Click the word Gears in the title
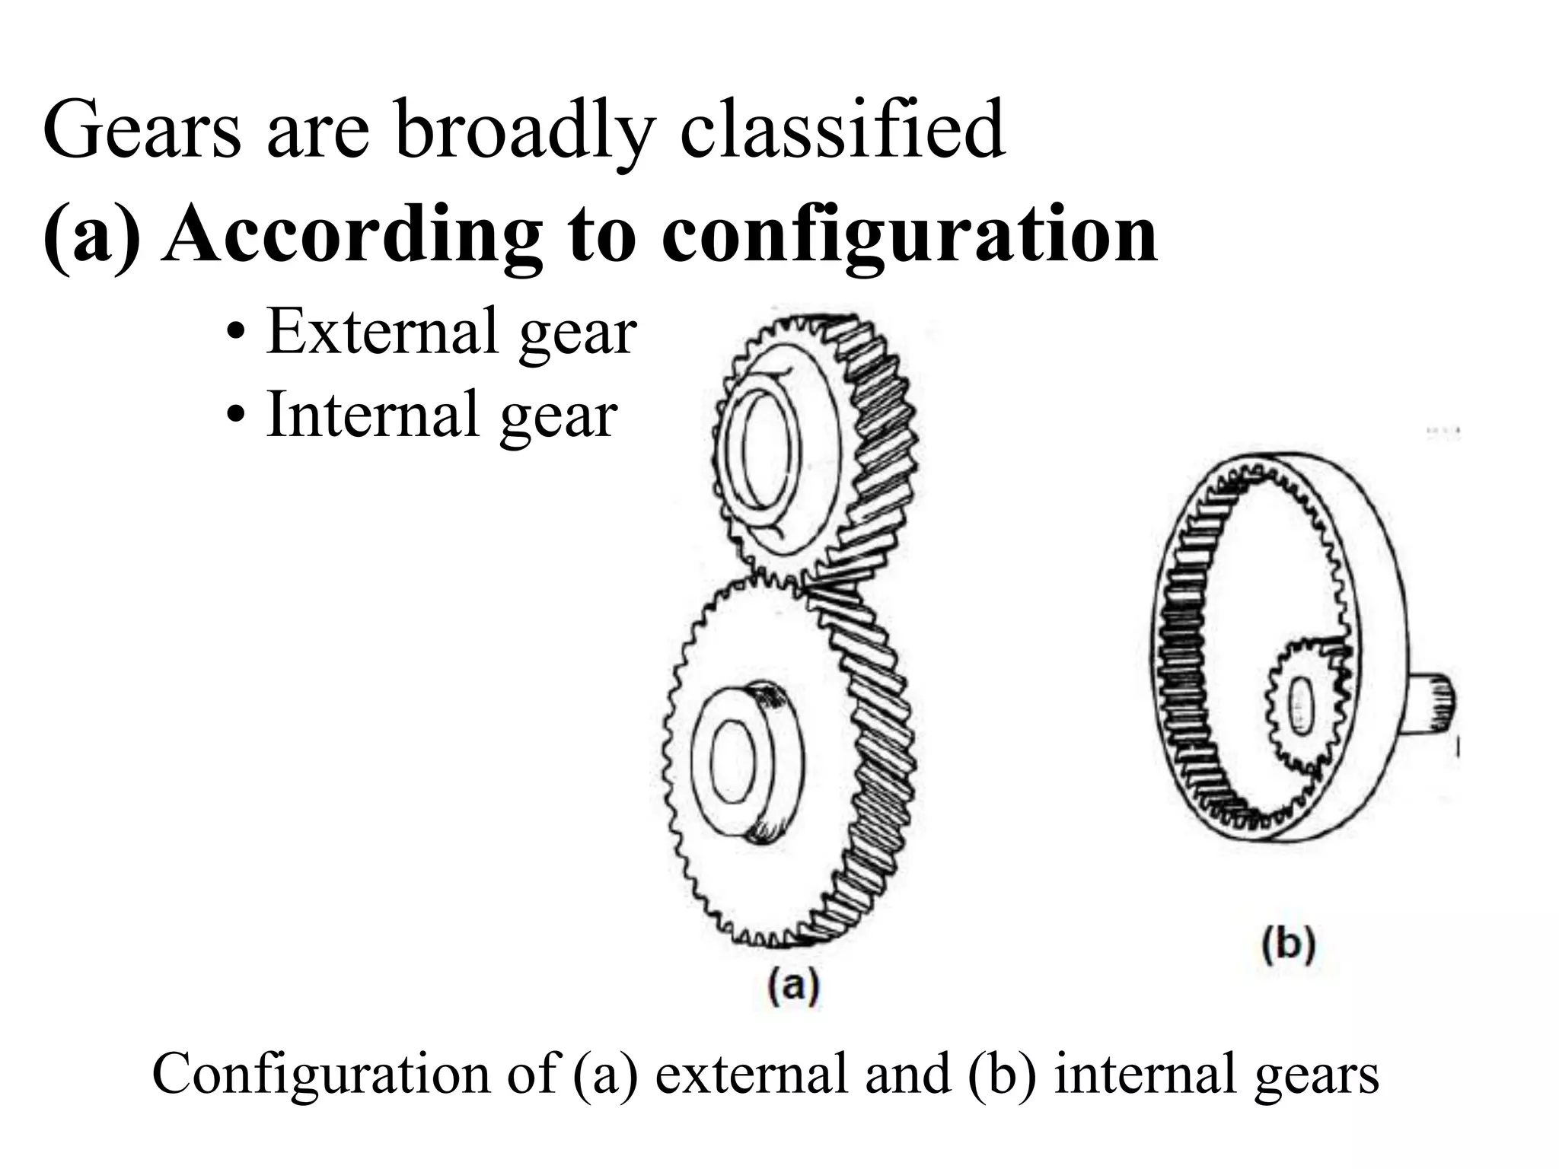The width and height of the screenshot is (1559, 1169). [142, 131]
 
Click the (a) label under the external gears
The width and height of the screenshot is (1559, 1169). [792, 987]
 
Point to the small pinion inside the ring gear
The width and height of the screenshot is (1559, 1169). [1302, 705]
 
